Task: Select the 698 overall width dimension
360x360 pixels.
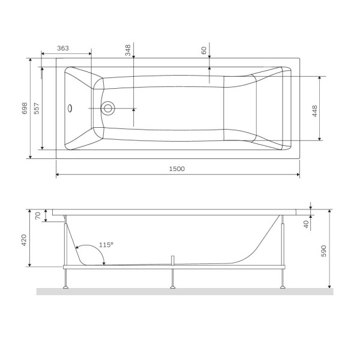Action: pos(25,108)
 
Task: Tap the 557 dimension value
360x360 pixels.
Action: pos(37,108)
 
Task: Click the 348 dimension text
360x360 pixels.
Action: pos(128,50)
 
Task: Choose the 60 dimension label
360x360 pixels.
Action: pos(204,51)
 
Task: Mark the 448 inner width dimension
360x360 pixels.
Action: pos(314,110)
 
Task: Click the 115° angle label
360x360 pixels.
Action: pos(106,245)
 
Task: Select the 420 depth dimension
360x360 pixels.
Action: pos(24,241)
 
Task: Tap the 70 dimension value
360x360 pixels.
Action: pos(37,215)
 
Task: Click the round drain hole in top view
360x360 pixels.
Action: pos(109,109)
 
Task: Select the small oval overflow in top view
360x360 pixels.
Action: pos(71,109)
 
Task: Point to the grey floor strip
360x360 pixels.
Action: pos(180,292)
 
